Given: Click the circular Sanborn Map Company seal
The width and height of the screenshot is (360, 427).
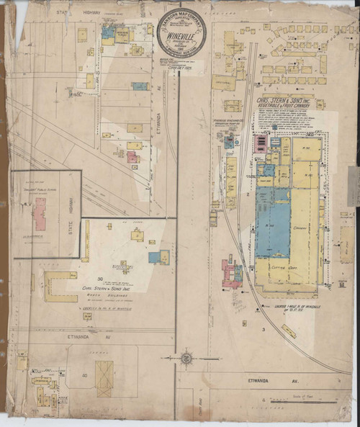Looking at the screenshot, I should point(181,34).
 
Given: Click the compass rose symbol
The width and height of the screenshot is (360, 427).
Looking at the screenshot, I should point(186,357).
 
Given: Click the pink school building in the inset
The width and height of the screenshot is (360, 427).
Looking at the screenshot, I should point(40,214).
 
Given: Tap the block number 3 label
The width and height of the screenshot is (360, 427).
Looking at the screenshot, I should point(264,328).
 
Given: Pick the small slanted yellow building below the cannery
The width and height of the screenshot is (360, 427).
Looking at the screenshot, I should point(289,331).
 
